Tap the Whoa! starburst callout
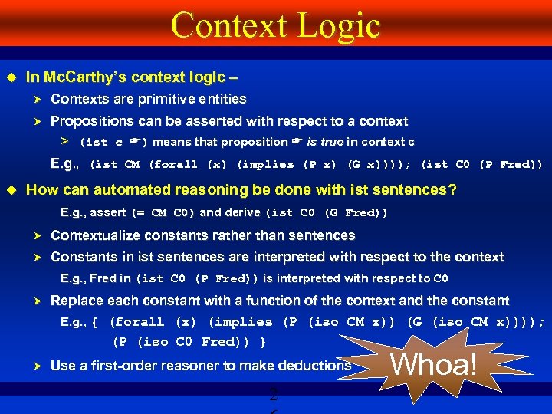(435, 363)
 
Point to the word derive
(242, 213)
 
